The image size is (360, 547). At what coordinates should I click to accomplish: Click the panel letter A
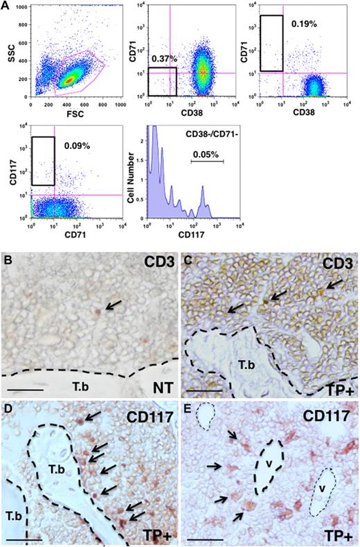tap(6, 6)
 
